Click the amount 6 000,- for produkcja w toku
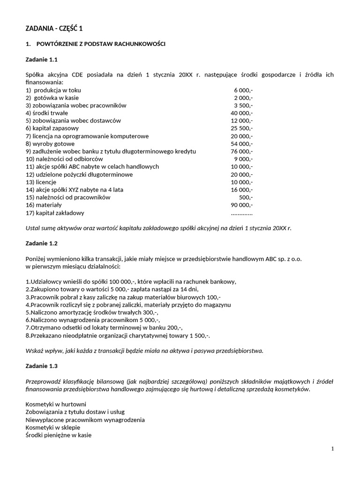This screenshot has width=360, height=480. tap(243, 90)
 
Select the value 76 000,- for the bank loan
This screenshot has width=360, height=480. tap(242, 151)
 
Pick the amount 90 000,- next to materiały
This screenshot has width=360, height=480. tap(242, 205)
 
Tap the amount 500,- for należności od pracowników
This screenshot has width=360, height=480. tap(246, 197)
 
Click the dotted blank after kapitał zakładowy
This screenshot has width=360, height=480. tap(241, 213)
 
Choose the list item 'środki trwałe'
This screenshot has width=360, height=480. tap(47, 113)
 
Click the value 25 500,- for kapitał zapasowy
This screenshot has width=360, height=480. tap(242, 128)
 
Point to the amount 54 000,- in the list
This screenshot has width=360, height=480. tap(242, 144)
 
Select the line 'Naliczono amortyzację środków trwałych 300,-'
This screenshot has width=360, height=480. tap(92, 312)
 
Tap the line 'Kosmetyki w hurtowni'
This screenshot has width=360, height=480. tap(56, 404)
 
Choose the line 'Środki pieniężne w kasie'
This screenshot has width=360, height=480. tap(59, 435)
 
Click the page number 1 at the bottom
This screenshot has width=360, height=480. tap(332, 449)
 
